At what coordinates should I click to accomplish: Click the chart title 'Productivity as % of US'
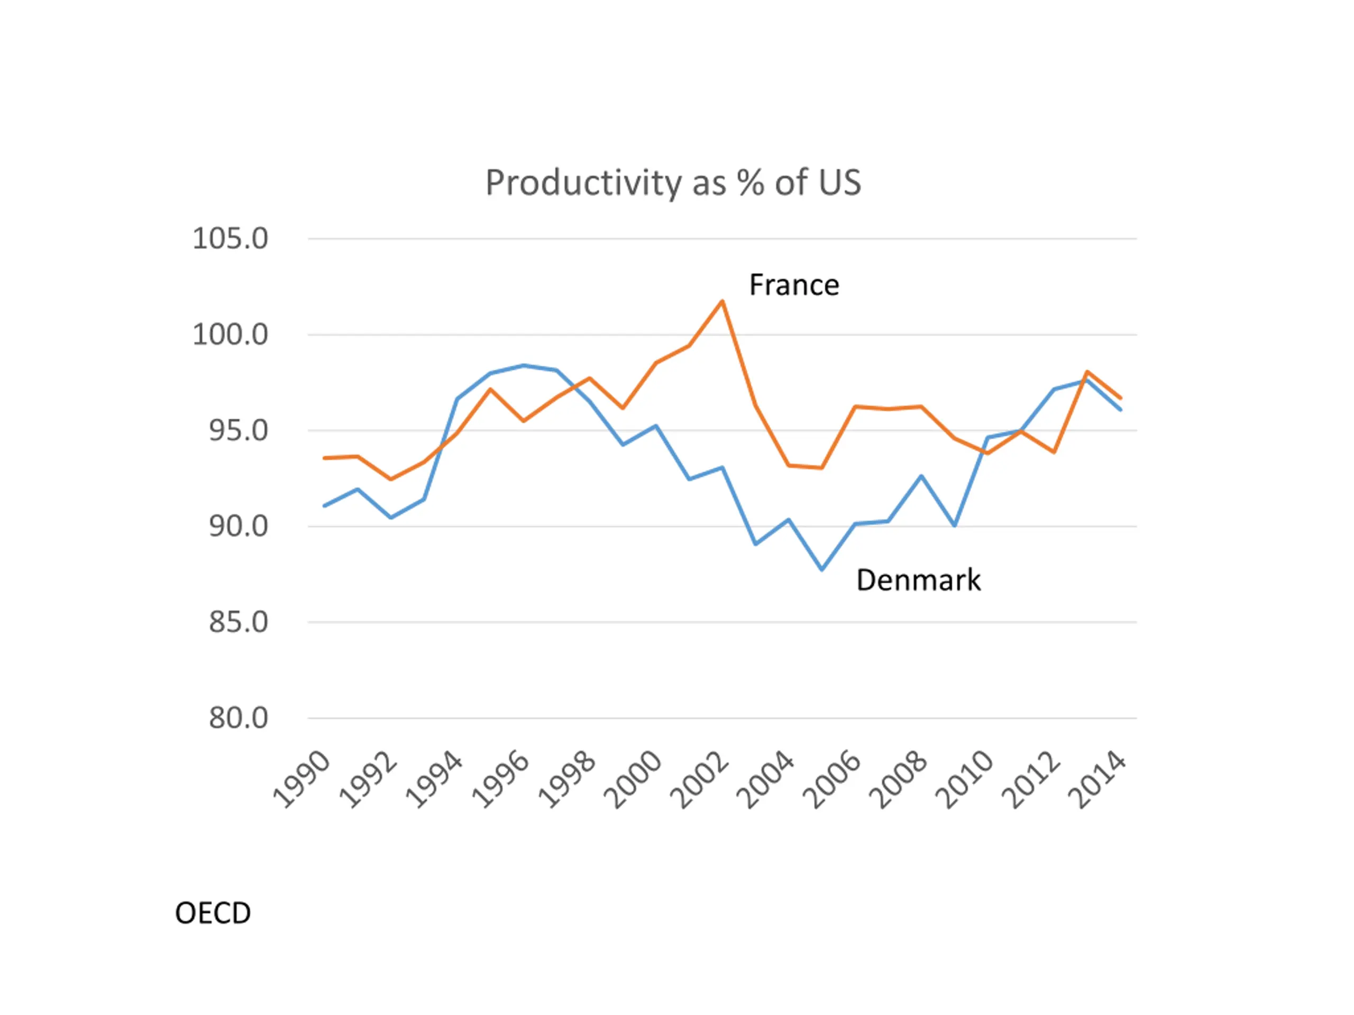click(x=673, y=182)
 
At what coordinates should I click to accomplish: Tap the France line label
click(x=794, y=285)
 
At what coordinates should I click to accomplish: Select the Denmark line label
click(x=918, y=580)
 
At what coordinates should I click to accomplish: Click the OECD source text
click(x=213, y=914)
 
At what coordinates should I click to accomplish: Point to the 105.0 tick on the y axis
click(x=230, y=238)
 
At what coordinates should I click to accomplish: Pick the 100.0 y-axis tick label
click(x=230, y=335)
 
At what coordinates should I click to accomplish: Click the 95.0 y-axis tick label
click(x=238, y=431)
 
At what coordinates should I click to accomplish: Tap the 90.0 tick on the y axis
click(x=238, y=526)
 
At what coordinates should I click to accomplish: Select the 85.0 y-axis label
click(x=238, y=622)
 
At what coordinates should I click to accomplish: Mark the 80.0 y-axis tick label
click(x=238, y=718)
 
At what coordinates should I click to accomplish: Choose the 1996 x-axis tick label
click(x=501, y=780)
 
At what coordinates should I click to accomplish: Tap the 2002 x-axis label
click(x=700, y=780)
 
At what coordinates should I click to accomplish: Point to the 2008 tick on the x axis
click(x=899, y=780)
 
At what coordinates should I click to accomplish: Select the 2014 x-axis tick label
click(x=1097, y=780)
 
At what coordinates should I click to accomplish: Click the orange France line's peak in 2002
click(x=722, y=301)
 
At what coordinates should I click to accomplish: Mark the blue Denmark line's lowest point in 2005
click(x=822, y=569)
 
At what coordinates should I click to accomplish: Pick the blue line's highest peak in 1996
click(x=524, y=365)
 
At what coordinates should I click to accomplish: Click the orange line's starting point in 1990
click(x=324, y=458)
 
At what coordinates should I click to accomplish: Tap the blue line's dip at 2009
click(x=955, y=525)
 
